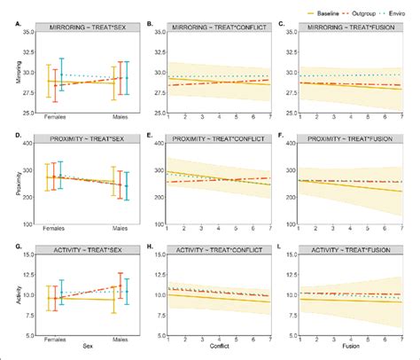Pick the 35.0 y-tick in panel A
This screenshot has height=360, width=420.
[28, 33]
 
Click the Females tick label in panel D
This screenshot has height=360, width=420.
[55, 229]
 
